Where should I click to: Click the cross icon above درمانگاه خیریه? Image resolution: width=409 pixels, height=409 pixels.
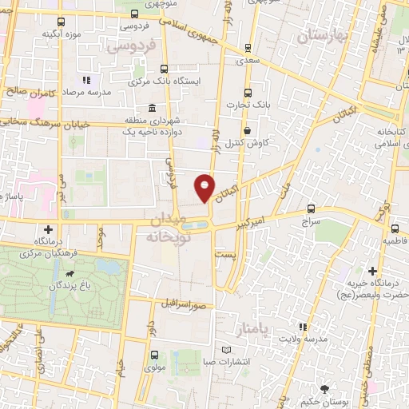[x=373, y=271]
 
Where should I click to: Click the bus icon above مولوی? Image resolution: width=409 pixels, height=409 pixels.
[x=153, y=355]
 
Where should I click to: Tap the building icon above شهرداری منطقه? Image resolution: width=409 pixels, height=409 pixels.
[x=151, y=108]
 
